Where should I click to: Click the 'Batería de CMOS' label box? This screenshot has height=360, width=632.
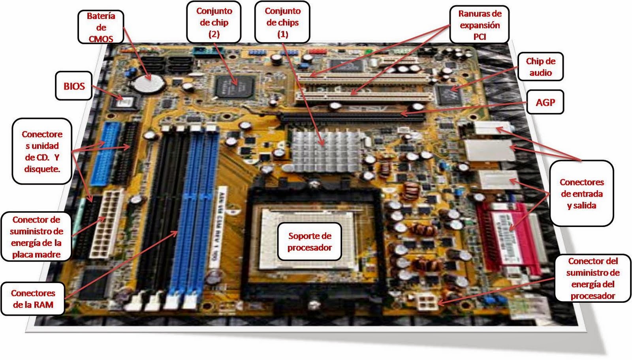coord(101,27)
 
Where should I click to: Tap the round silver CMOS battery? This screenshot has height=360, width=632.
coord(149,83)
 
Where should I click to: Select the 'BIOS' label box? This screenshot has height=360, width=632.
coord(74,86)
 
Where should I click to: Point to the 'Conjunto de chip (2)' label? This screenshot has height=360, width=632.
coord(214,22)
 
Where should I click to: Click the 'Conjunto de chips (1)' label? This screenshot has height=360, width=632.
coord(282,22)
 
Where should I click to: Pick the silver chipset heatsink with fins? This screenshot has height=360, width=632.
coord(324,151)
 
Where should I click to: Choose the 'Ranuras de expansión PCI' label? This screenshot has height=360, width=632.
coord(480,24)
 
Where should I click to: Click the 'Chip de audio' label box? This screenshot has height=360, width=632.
coord(541,67)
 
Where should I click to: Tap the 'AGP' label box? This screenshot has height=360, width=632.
coord(545,102)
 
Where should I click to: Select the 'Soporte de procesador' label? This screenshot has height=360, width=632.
coord(310,241)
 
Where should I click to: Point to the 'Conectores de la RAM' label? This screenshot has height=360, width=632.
coord(33,298)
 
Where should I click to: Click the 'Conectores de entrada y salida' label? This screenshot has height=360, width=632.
coord(582,193)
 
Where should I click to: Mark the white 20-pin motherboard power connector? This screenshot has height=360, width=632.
coord(107,224)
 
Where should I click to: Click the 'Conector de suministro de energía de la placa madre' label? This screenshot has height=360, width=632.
coord(36,237)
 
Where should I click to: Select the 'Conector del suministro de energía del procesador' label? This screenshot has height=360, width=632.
coord(593,278)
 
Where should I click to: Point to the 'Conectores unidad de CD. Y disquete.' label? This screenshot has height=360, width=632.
coord(42,152)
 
